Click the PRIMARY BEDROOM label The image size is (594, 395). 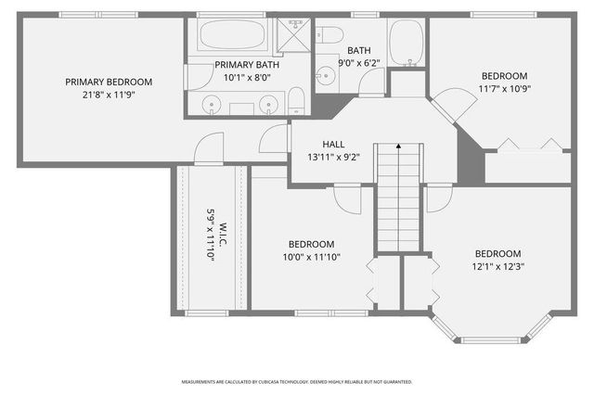109,82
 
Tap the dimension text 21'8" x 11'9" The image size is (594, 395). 109,95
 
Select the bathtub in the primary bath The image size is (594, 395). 232,36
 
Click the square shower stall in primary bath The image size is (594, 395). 293,35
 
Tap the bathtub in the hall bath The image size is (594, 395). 406,43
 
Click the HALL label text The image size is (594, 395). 334,145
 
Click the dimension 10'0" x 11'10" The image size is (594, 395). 312,257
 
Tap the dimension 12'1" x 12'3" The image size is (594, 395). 498,266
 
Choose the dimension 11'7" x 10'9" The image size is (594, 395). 504,89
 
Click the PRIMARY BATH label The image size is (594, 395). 246,65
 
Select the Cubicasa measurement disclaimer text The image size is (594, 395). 296,381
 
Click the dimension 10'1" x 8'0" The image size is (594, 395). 246,78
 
